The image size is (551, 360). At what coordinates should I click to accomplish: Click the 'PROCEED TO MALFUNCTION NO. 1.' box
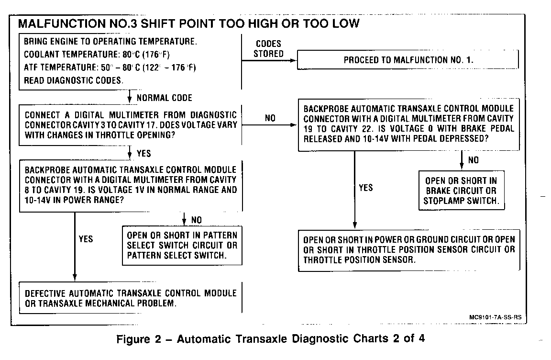coord(408,60)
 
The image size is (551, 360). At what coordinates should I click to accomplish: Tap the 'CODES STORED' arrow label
coord(268,49)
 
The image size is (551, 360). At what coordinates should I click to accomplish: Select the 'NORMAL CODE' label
coord(164,98)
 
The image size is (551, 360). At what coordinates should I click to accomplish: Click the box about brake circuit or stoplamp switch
coord(461,191)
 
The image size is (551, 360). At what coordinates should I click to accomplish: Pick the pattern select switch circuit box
coord(182,246)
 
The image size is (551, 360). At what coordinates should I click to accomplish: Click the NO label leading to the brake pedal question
coord(270,118)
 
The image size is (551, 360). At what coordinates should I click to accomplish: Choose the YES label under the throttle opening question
coord(143,154)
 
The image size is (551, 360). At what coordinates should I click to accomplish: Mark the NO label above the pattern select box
coord(196,220)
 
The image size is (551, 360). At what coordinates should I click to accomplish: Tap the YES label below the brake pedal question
coord(365,188)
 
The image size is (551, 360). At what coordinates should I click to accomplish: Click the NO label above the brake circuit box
coord(473,160)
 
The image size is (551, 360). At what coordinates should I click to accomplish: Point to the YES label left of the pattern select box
coord(86,239)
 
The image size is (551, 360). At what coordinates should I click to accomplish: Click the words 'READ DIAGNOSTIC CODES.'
coord(73,80)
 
